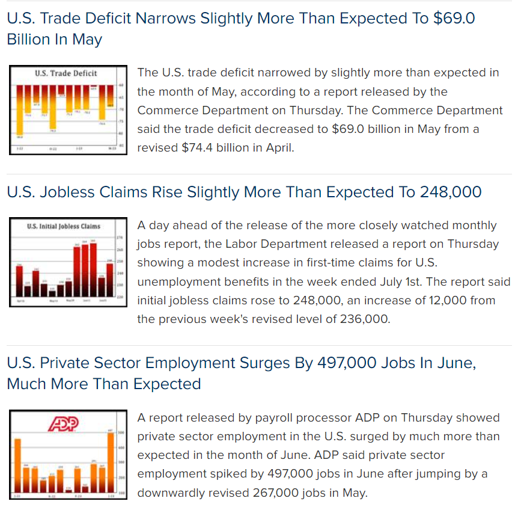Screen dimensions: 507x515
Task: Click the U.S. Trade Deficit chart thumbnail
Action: pyautogui.click(x=67, y=110)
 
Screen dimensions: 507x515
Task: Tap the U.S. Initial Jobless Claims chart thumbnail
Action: pyautogui.click(x=67, y=262)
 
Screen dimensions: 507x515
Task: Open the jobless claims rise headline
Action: pyautogui.click(x=244, y=192)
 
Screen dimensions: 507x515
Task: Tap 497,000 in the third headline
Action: pyautogui.click(x=319, y=363)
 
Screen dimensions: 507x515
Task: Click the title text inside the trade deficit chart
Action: pyautogui.click(x=66, y=73)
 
